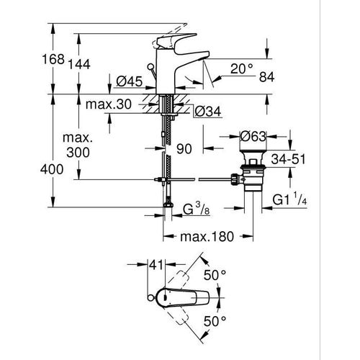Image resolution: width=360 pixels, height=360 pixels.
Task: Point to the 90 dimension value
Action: (x=184, y=148)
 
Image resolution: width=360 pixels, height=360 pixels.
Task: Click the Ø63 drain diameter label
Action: (x=250, y=136)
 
